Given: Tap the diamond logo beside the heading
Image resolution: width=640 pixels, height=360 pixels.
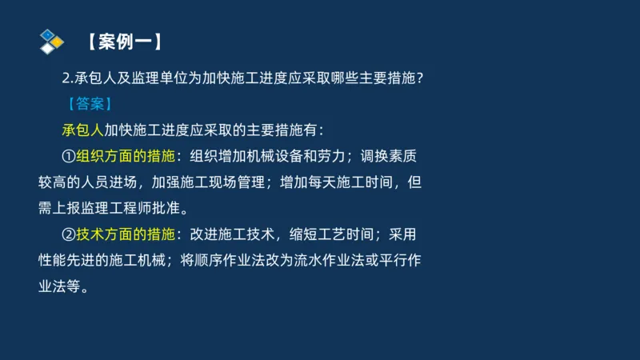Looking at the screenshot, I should (x=51, y=41).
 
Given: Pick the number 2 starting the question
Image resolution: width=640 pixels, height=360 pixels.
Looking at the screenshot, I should (x=66, y=78).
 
